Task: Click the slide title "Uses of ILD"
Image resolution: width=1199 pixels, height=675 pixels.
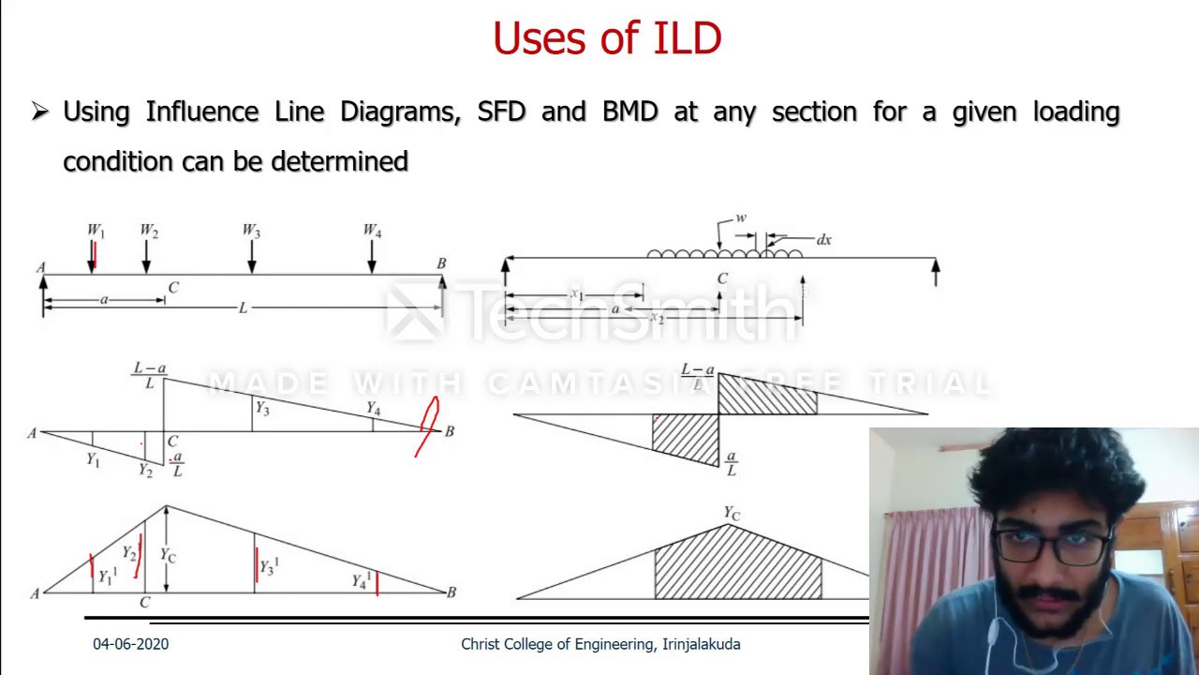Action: pyautogui.click(x=607, y=39)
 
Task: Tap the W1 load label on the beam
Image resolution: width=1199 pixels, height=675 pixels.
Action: pyautogui.click(x=96, y=231)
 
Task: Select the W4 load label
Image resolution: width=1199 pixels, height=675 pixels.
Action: pyautogui.click(x=372, y=231)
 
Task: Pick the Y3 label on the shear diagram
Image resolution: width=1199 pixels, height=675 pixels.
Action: pyautogui.click(x=262, y=408)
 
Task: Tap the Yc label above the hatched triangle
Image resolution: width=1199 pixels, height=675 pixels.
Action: pyautogui.click(x=732, y=513)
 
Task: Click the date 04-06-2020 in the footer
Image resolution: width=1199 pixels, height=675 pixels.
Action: pyautogui.click(x=130, y=644)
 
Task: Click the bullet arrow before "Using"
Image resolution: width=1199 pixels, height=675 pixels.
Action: pyautogui.click(x=39, y=112)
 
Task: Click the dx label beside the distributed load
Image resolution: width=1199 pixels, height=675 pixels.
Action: pyautogui.click(x=823, y=240)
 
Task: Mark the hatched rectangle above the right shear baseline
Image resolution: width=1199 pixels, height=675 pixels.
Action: pyautogui.click(x=766, y=395)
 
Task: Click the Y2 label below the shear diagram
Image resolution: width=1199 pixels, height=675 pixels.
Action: pyautogui.click(x=145, y=471)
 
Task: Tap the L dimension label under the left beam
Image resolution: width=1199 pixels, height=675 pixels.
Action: pyautogui.click(x=243, y=307)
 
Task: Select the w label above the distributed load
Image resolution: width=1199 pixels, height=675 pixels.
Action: pyautogui.click(x=741, y=218)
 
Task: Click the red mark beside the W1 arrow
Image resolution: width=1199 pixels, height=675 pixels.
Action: pyautogui.click(x=96, y=255)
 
